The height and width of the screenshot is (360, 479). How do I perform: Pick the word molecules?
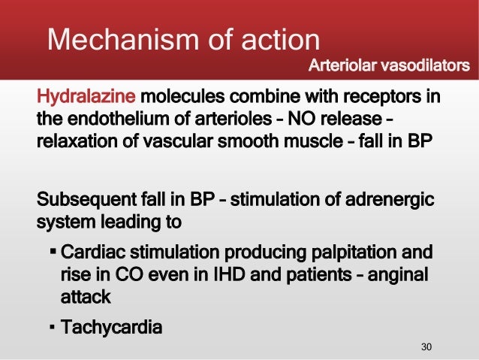click(181, 98)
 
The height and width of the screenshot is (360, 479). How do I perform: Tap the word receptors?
click(381, 98)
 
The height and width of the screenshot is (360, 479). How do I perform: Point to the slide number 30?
click(427, 346)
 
